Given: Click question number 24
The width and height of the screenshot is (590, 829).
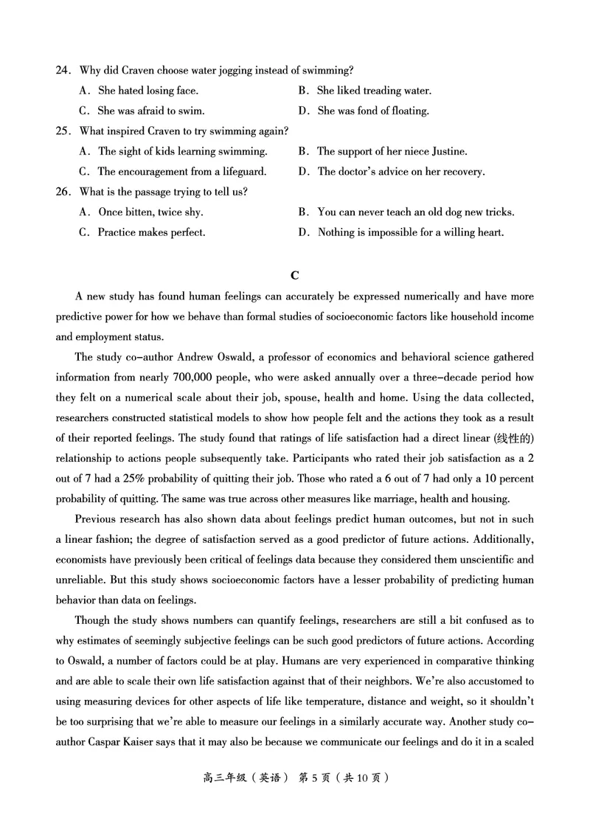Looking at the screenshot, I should click(63, 71).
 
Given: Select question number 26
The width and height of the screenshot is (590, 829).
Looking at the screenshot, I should click(63, 192).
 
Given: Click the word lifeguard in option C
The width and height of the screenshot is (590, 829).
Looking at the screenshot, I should click(243, 172).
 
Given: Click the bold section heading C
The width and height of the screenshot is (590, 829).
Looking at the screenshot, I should click(295, 275).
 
